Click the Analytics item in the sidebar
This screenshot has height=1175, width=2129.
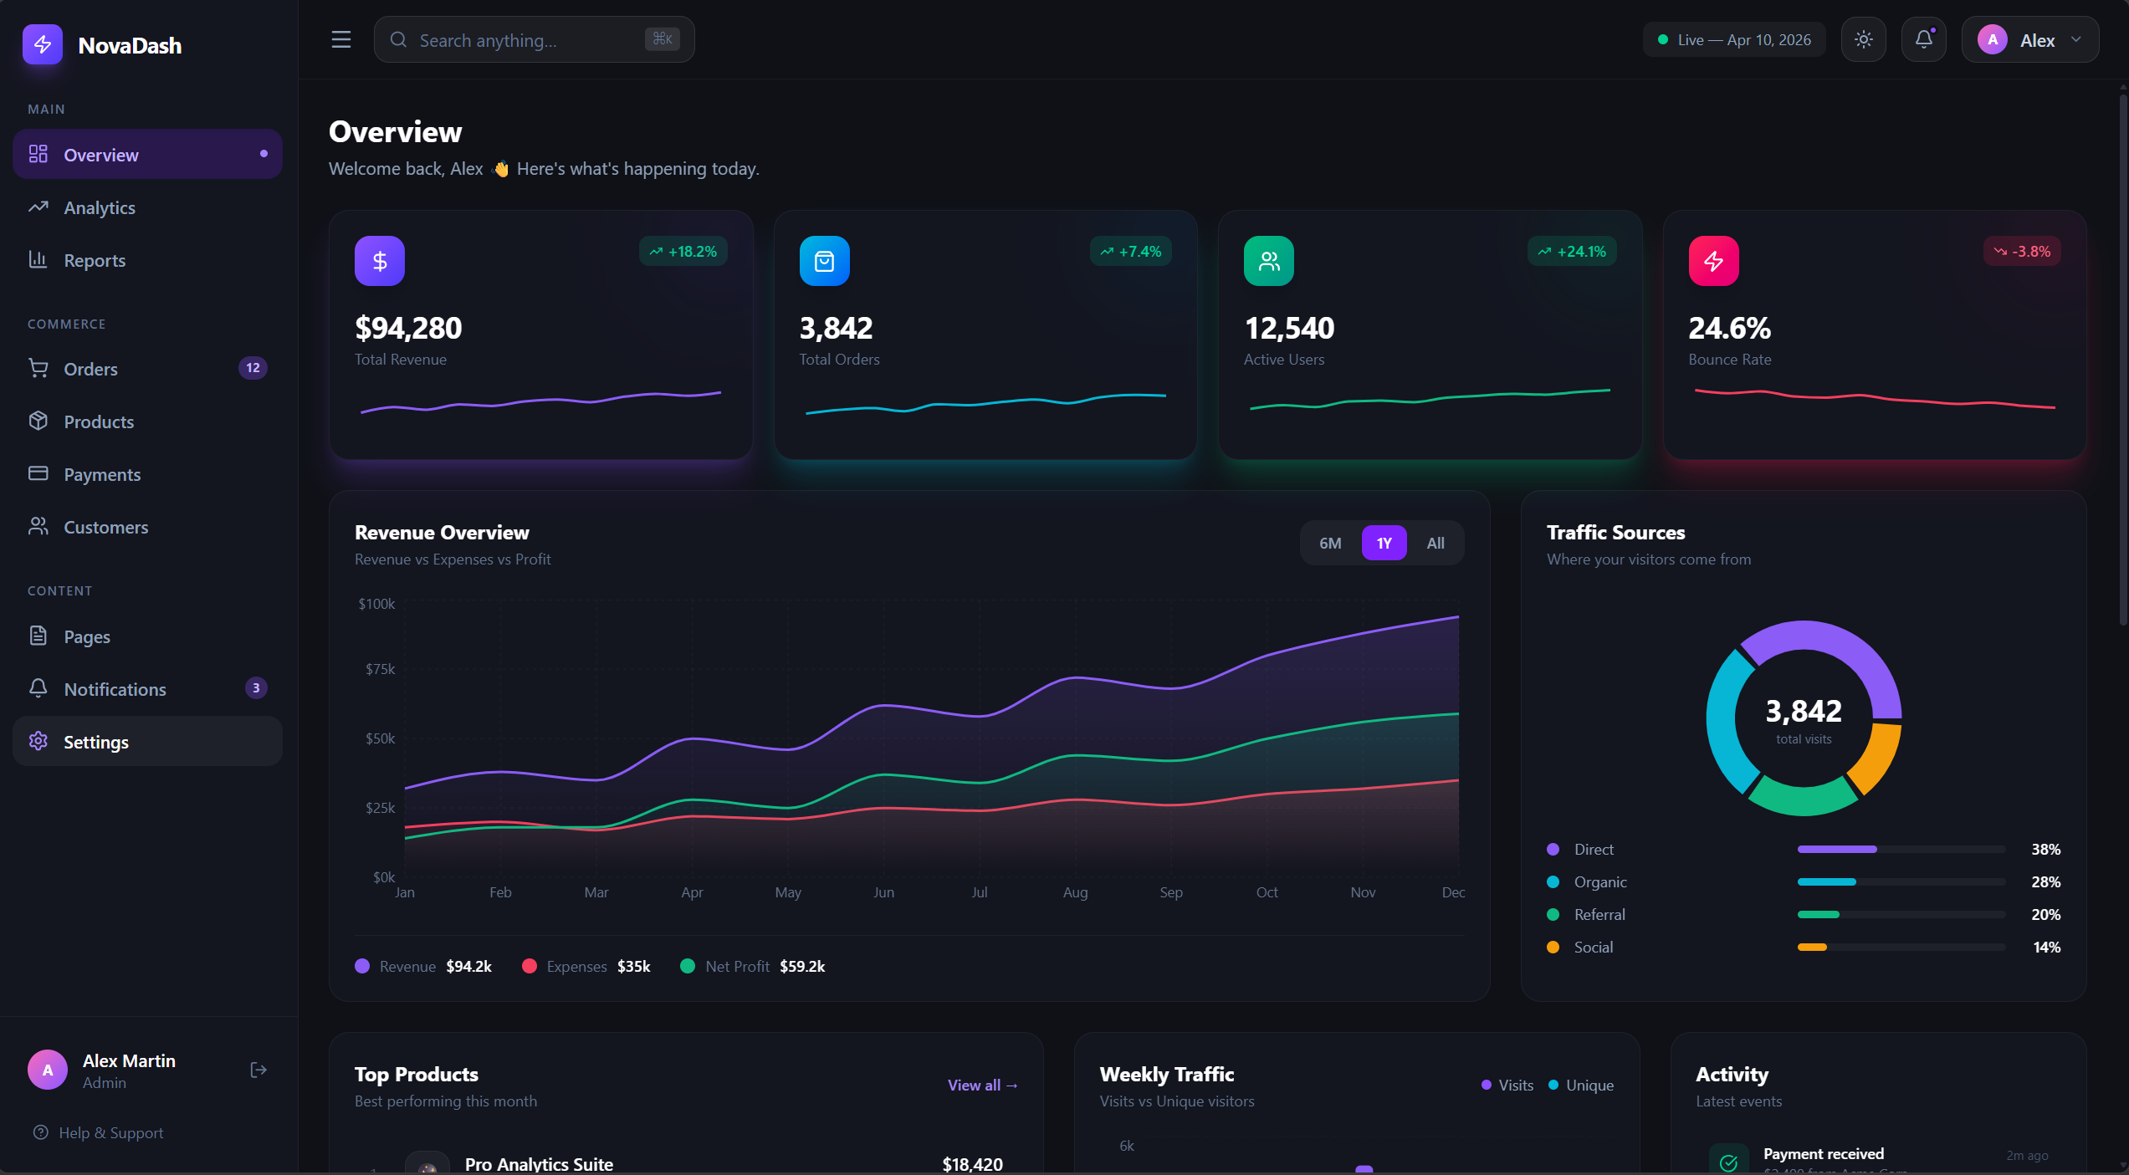coord(99,207)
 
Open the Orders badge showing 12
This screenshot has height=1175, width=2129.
coord(253,368)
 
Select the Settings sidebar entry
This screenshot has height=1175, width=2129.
coord(96,742)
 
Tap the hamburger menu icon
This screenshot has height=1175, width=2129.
coord(340,39)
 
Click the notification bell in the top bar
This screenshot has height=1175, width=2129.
coord(1923,39)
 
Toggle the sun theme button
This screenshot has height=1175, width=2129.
coord(1863,39)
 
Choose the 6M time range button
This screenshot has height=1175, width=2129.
coord(1330,544)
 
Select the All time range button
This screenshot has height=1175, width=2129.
coord(1436,544)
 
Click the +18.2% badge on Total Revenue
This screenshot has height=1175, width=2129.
coord(683,252)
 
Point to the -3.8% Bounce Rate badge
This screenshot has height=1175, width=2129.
coord(2022,252)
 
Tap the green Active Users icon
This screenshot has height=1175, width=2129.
coord(1268,261)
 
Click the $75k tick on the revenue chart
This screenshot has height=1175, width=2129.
coord(380,669)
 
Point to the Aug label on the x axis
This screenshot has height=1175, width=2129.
coord(1075,892)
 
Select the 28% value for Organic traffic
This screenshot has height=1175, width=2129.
coord(2045,881)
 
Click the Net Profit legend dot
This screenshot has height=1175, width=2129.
coord(688,966)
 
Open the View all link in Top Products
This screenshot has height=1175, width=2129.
coord(982,1085)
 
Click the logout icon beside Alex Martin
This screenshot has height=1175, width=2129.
coord(258,1070)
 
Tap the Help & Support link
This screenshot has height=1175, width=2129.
coord(110,1132)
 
